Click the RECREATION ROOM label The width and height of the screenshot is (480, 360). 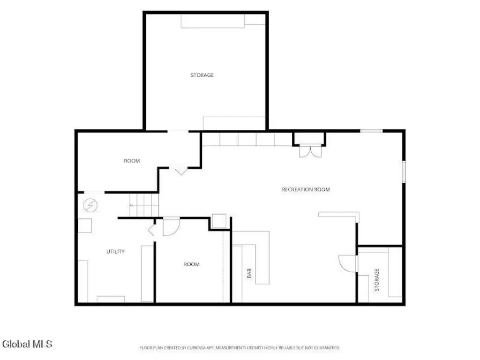[x=306, y=189]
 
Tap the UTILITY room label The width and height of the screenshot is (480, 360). [x=115, y=252]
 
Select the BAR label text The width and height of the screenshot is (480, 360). [x=249, y=273]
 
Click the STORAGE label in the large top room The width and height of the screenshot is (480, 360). [x=202, y=75]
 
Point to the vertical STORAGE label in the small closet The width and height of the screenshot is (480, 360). [x=377, y=280]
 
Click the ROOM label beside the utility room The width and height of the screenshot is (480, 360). [x=192, y=264]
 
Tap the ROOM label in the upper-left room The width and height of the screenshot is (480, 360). [x=132, y=161]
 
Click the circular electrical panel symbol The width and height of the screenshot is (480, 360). [x=90, y=205]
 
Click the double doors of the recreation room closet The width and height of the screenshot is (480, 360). [x=310, y=151]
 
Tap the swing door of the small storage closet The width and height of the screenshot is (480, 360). [x=347, y=263]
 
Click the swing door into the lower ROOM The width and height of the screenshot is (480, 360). [x=171, y=226]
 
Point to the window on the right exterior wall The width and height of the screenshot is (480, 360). [x=404, y=172]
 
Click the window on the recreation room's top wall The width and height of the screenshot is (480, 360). [x=371, y=131]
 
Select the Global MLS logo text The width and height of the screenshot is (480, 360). [x=27, y=344]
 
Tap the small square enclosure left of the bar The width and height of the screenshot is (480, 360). [x=219, y=221]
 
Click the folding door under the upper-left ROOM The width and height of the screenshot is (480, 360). [x=180, y=170]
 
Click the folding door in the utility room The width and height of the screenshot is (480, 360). [x=152, y=230]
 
